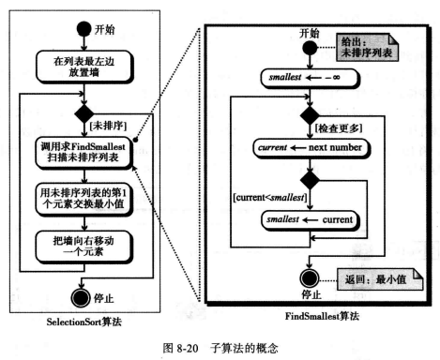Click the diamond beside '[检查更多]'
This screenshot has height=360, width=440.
[304, 119]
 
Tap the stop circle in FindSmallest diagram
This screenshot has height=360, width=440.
[304, 277]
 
